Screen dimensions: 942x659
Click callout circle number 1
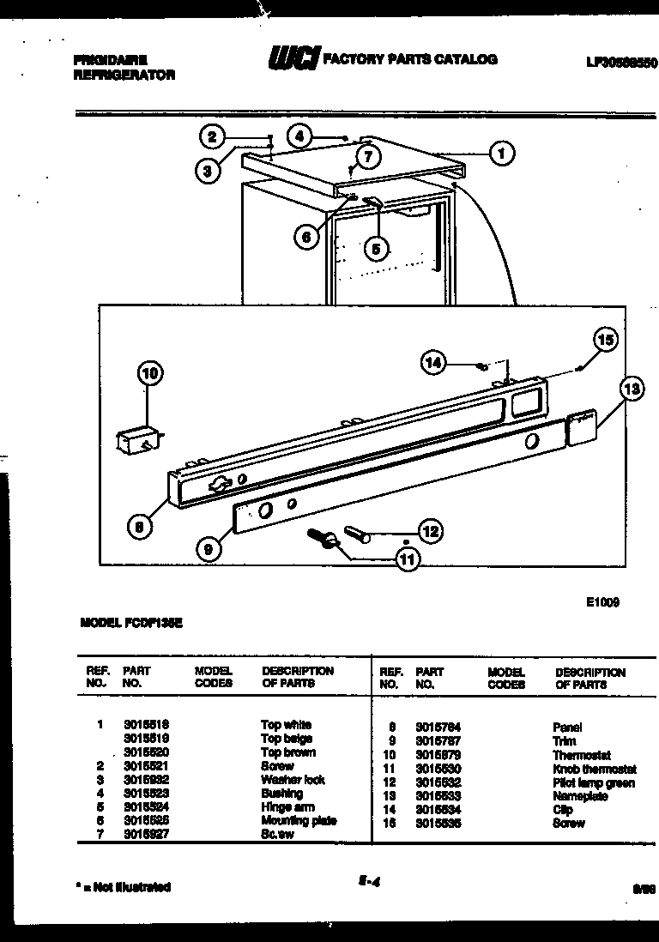click(x=501, y=154)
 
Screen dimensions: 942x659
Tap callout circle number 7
click(x=367, y=156)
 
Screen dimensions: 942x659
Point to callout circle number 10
click(x=150, y=373)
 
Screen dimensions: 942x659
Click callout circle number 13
click(x=632, y=389)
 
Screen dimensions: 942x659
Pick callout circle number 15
click(x=606, y=341)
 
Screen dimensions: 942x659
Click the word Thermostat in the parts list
click(x=582, y=756)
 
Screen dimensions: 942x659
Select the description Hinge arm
click(x=287, y=807)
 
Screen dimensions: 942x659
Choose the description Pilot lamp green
click(x=594, y=783)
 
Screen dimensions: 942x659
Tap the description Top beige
click(x=287, y=739)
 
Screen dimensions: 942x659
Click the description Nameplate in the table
click(x=580, y=797)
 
